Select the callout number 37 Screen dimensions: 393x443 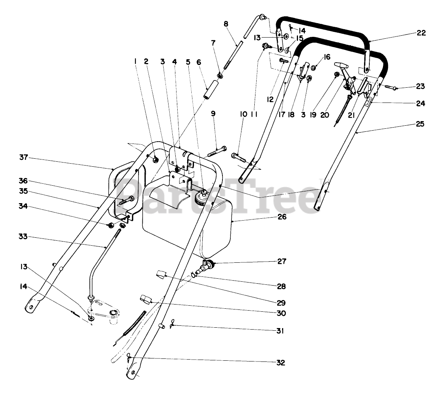click(24, 158)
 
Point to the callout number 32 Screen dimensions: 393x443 click(281, 362)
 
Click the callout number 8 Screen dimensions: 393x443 click(226, 24)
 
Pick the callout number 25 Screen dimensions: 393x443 click(420, 124)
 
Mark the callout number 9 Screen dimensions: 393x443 click(213, 113)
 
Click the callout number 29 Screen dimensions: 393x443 click(281, 303)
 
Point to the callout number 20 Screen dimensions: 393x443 click(325, 114)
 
